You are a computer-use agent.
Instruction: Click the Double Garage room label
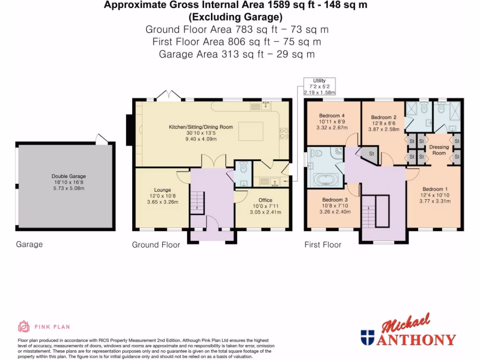pos(68,177)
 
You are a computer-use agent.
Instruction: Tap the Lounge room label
pos(156,190)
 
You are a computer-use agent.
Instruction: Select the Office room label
pos(265,200)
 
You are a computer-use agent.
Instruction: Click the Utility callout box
pos(319,87)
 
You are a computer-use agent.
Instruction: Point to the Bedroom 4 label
pos(332,116)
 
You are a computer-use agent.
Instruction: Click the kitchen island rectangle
pos(251,131)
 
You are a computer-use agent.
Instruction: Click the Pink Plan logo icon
pos(23,327)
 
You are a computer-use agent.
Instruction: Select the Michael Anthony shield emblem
pos(367,337)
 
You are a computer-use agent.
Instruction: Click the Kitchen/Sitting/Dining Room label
pos(201,127)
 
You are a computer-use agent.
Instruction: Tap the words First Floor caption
pos(322,245)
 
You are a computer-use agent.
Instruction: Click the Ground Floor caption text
pos(156,245)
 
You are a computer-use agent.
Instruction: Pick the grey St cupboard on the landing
pos(371,154)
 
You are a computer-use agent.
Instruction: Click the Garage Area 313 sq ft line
pos(237,54)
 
